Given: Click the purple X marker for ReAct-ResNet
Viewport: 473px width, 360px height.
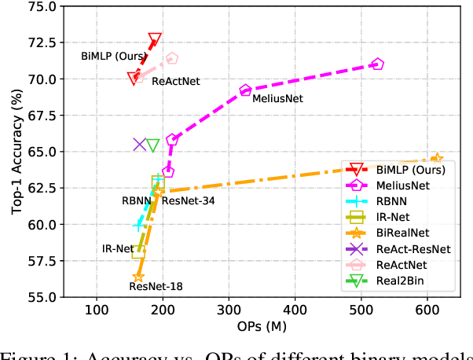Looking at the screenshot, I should [x=140, y=145].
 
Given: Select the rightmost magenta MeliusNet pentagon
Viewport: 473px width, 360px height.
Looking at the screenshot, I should [x=377, y=64].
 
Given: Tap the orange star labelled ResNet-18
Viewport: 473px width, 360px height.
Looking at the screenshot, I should [x=138, y=277].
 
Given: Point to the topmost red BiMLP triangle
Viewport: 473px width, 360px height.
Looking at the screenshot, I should [x=155, y=39].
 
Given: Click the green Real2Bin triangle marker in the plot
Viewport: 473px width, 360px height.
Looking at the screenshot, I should [x=153, y=145].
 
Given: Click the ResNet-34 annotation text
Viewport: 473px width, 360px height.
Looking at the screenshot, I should [x=188, y=200].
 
